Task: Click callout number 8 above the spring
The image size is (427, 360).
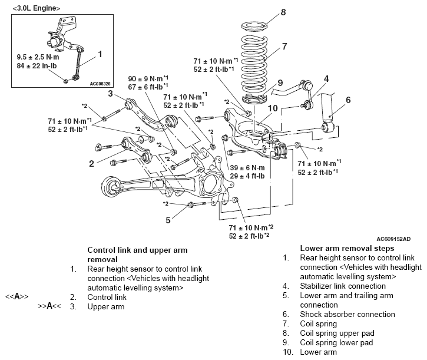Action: click(283, 12)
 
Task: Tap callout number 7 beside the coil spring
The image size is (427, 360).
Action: click(284, 47)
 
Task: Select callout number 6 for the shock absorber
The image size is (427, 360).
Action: click(348, 100)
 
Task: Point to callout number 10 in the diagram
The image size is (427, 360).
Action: click(273, 108)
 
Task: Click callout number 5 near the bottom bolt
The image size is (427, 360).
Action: click(168, 220)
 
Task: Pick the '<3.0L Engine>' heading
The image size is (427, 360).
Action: click(36, 8)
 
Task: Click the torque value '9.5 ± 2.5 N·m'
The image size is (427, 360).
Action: click(38, 57)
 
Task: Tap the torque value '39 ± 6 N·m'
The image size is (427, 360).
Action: click(247, 167)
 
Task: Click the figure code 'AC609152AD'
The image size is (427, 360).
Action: click(393, 239)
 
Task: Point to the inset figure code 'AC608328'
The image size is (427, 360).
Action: click(100, 84)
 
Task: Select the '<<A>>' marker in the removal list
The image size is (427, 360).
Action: click(17, 296)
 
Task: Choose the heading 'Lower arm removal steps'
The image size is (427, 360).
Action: click(347, 248)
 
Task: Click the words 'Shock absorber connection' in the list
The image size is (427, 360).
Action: click(347, 314)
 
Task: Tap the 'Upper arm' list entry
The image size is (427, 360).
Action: click(105, 306)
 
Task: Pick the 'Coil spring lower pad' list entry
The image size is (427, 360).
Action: click(336, 342)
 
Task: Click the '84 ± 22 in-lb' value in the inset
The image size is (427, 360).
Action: click(37, 66)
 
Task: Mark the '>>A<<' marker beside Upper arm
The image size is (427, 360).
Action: click(49, 306)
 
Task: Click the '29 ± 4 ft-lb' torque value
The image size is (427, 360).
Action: click(247, 176)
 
